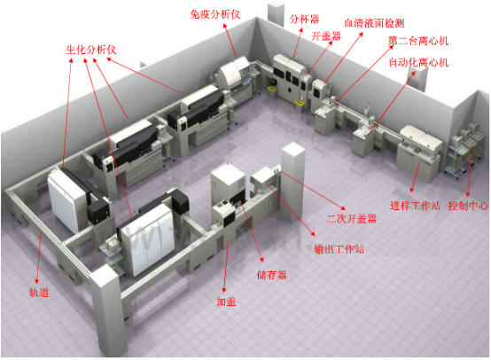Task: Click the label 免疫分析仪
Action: (x=215, y=14)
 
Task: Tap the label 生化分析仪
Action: (x=90, y=50)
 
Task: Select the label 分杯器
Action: (x=304, y=20)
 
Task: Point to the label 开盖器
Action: (x=326, y=36)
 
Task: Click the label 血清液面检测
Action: (x=374, y=23)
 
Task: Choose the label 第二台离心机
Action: (x=418, y=41)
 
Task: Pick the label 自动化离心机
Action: (x=418, y=62)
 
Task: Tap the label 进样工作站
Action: (x=415, y=206)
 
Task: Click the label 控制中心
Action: (x=468, y=206)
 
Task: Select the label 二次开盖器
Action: (x=351, y=218)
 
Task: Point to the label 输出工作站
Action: (x=339, y=249)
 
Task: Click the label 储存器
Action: (x=271, y=275)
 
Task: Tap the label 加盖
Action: (x=226, y=301)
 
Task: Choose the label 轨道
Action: (x=39, y=293)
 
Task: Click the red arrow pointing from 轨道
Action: (x=38, y=258)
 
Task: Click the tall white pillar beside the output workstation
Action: (x=293, y=182)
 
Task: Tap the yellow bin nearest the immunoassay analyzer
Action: (x=272, y=90)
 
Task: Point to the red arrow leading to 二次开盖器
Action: (x=313, y=191)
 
